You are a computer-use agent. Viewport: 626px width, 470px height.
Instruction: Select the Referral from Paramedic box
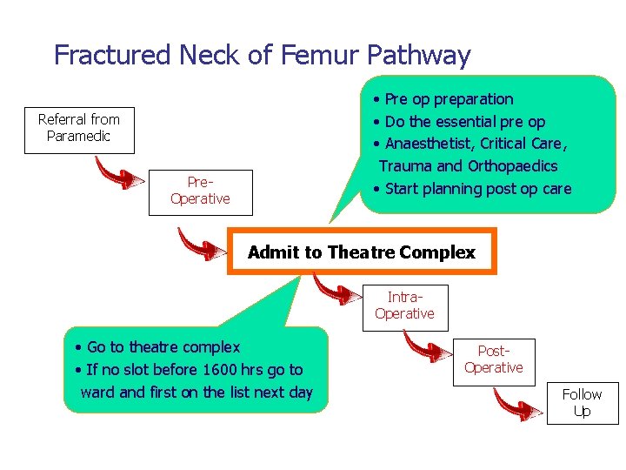tap(79, 128)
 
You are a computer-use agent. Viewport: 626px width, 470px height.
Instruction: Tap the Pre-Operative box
tap(200, 191)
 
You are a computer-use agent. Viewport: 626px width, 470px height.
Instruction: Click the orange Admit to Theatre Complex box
tap(361, 252)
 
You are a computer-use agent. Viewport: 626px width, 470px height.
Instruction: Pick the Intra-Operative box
tap(404, 306)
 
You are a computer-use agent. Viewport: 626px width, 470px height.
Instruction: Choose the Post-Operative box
tap(493, 359)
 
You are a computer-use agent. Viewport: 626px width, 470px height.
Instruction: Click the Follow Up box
tap(582, 403)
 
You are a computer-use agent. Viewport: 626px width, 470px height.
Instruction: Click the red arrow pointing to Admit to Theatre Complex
tap(201, 245)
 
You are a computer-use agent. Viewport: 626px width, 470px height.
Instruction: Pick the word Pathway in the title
tap(419, 55)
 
